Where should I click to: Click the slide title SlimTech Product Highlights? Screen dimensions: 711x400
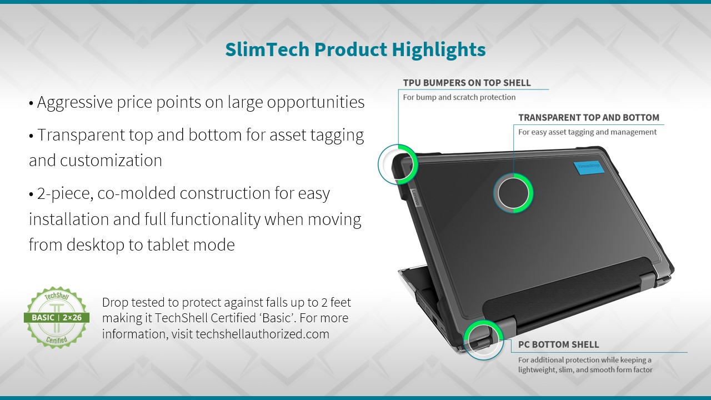point(355,50)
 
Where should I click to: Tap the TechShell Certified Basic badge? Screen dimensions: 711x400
point(57,317)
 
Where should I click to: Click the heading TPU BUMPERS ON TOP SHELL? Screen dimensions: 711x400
point(467,83)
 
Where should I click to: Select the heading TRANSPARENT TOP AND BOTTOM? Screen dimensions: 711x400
point(589,118)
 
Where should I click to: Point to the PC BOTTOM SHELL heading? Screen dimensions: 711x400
point(559,344)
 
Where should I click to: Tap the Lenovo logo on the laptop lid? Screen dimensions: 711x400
point(416,197)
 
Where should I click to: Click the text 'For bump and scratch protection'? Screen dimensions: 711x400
point(459,97)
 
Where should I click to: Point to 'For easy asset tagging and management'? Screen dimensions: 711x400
point(587,132)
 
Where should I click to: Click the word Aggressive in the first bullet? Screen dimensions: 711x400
point(75,103)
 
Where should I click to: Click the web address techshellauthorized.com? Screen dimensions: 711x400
point(262,334)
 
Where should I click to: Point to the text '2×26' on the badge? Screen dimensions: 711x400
point(72,317)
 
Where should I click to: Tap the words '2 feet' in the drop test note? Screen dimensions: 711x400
point(336,302)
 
